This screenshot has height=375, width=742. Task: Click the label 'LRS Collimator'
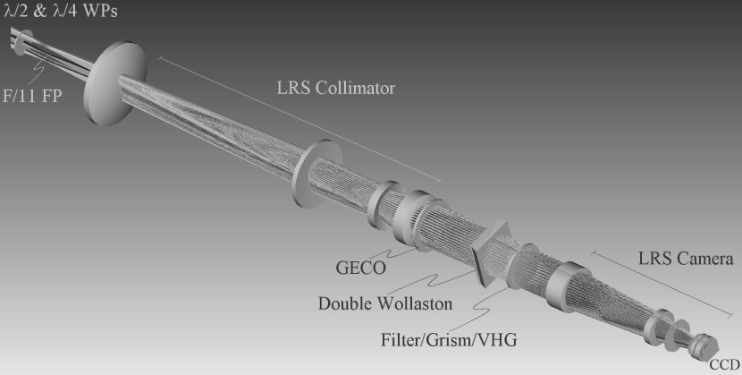pos(334,89)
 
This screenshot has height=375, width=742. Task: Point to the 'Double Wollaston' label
pos(385,303)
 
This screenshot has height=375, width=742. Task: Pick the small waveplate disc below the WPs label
pos(22,40)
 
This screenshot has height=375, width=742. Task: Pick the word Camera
pos(703,260)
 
